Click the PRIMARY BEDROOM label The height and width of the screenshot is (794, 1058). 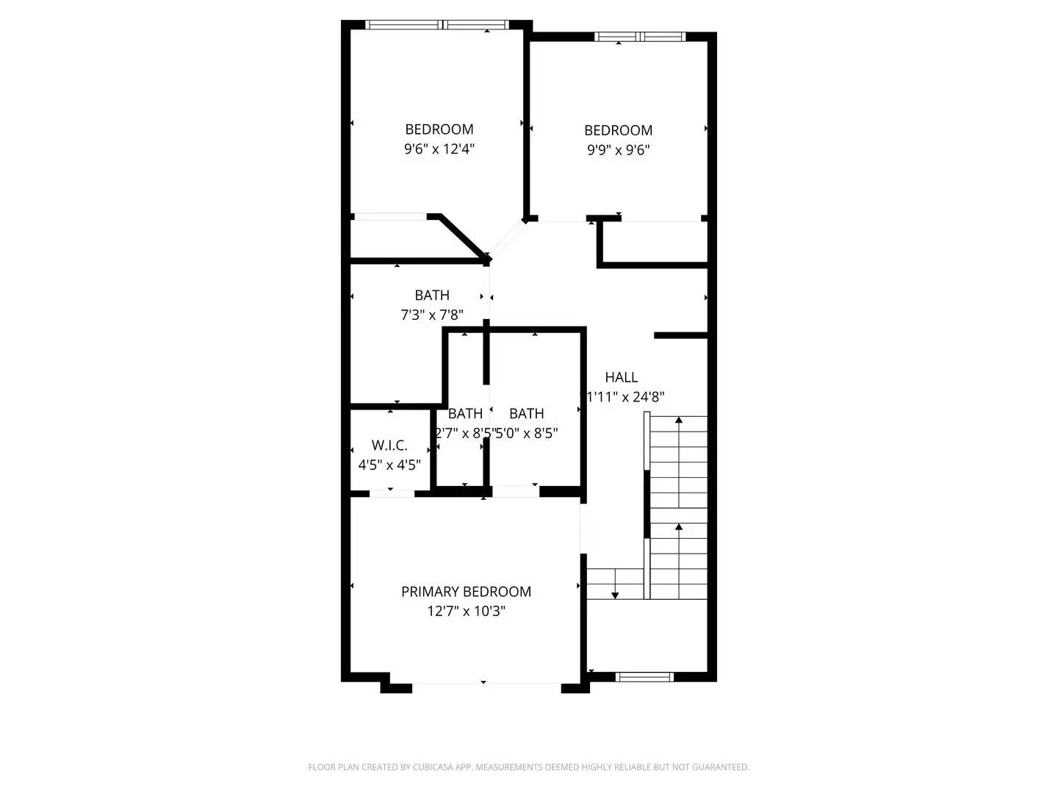point(466,591)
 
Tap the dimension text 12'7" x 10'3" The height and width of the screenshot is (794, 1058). point(466,611)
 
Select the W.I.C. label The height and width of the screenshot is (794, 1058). point(389,446)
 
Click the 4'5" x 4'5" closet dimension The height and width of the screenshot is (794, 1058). point(389,465)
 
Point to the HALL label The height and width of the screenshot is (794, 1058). point(622,377)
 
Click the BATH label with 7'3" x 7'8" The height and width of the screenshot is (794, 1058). point(432,295)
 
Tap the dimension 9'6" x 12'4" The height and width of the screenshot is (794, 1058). point(439,149)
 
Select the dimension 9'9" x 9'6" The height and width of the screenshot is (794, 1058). point(619,150)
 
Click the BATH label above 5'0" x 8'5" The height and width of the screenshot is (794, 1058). point(527,413)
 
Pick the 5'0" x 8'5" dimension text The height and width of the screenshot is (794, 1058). point(528,433)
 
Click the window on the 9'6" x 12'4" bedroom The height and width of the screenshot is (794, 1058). point(438,25)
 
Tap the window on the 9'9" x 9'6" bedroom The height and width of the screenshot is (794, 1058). point(640,37)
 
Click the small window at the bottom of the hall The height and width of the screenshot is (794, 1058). point(644,677)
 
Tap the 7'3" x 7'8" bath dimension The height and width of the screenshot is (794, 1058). point(432,315)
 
